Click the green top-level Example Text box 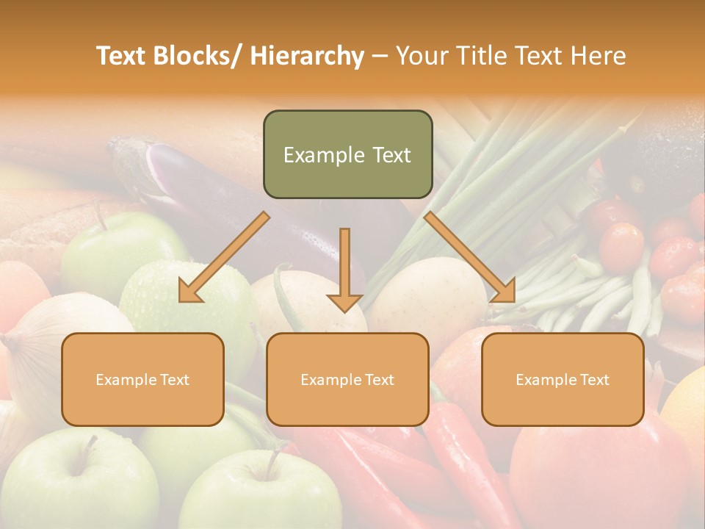tap(347, 154)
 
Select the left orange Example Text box tap(142, 379)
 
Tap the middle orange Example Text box tap(347, 379)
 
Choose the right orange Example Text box tap(563, 379)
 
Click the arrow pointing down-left tap(223, 258)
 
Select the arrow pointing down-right tap(470, 257)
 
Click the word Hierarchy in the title tap(307, 56)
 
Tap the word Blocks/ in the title tap(204, 56)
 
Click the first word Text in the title tap(123, 56)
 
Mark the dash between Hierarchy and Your tap(379, 56)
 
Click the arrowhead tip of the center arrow tap(344, 311)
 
